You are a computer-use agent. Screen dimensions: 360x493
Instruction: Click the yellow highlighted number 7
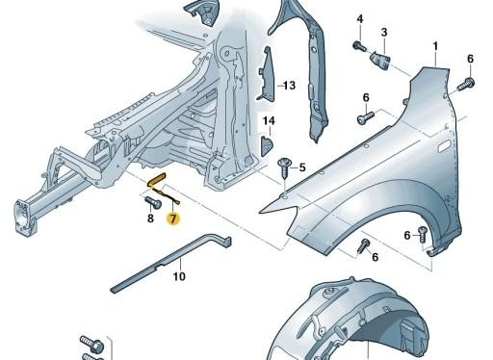point(172,219)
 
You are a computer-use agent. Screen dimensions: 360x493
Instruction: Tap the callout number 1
point(434,46)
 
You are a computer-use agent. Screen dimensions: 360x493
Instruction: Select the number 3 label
point(383,33)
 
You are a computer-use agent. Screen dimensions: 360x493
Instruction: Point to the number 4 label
point(359,20)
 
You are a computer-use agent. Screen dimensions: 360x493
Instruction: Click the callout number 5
point(301,167)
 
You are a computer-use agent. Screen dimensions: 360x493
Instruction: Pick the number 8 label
point(151,219)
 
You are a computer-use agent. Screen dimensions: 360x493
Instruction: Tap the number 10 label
point(178,277)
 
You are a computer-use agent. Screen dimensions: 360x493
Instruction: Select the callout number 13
point(288,86)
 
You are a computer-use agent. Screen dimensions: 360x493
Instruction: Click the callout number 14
point(270,120)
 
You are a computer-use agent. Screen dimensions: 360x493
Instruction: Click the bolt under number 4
point(358,45)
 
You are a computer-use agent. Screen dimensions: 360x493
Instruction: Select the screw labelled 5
point(284,168)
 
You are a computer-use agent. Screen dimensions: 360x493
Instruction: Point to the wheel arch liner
point(356,322)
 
